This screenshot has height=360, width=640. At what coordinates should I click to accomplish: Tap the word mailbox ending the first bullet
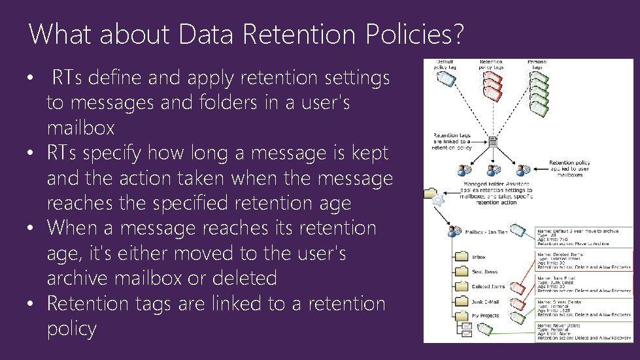coord(80,127)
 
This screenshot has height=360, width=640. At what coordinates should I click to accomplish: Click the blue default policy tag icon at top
coord(444,79)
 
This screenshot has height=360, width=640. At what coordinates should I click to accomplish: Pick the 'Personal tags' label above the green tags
coord(537,64)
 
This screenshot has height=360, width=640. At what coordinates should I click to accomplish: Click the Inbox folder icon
coord(461,256)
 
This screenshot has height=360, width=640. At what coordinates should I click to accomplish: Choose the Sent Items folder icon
coord(461,271)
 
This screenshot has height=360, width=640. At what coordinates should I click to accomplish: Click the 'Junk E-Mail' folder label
coord(484,302)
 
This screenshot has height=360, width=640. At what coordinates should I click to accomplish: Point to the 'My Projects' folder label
coord(484,316)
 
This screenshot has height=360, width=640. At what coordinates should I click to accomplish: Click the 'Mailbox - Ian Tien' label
coord(487,231)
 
